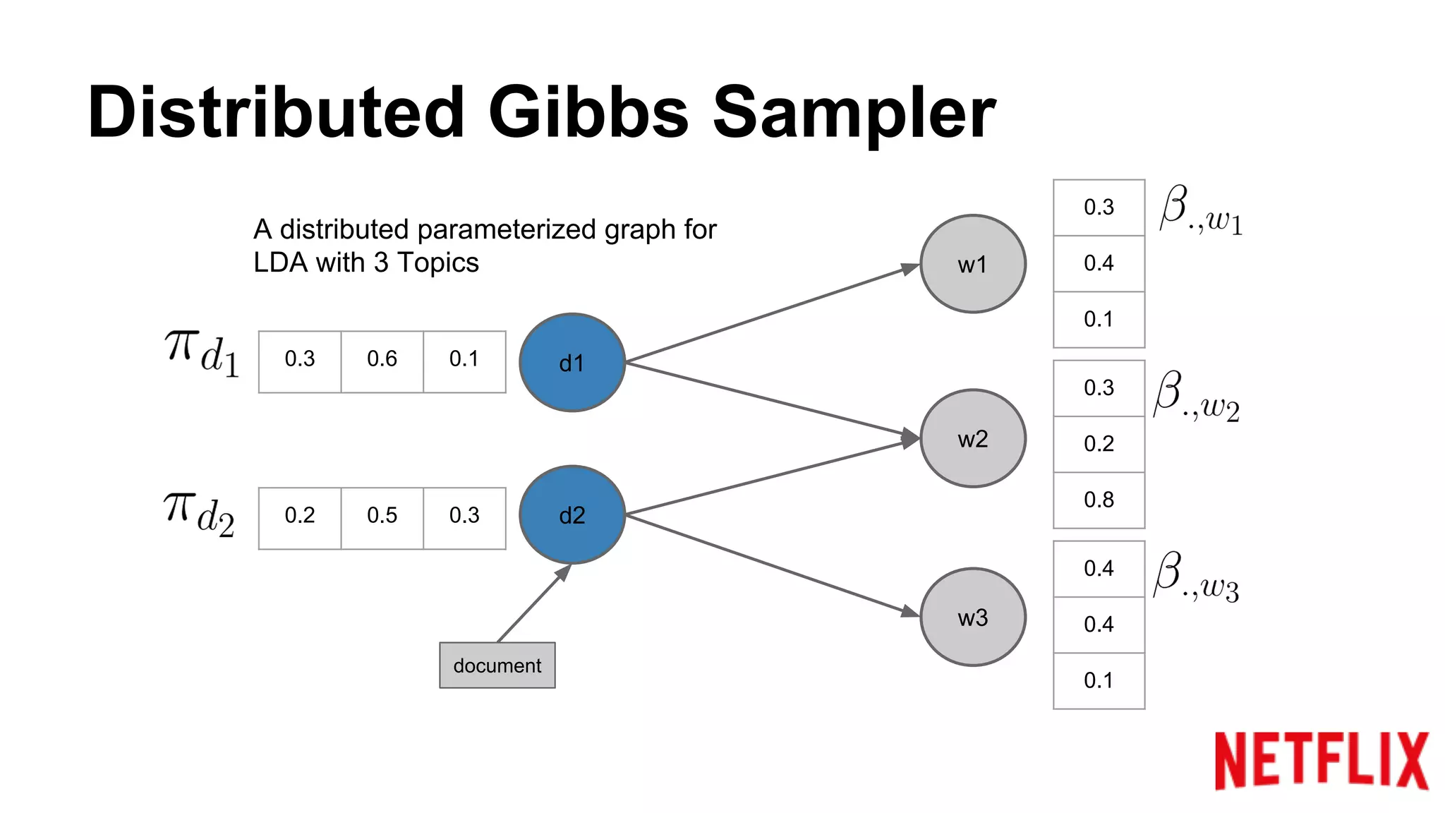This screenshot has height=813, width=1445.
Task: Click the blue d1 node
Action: tap(572, 363)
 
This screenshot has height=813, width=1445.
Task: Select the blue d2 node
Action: tap(572, 514)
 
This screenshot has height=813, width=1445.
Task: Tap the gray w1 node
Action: tap(972, 264)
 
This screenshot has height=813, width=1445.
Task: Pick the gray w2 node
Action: tap(972, 438)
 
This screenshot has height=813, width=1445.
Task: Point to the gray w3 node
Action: tap(972, 617)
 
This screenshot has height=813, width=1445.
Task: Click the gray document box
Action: tap(497, 665)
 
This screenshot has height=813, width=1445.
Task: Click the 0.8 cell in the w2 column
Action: tap(1099, 500)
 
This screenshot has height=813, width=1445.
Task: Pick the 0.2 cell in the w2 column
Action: tap(1099, 444)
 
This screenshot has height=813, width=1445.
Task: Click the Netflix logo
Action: tap(1321, 760)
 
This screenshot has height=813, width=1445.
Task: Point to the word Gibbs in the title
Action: tap(588, 113)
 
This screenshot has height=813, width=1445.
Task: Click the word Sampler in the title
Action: tap(854, 113)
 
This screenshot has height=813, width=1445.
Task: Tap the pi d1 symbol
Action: tap(202, 354)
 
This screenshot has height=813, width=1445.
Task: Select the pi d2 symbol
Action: tap(199, 513)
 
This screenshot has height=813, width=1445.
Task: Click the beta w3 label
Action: tap(1197, 577)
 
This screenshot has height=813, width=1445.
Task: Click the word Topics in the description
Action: tap(438, 263)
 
